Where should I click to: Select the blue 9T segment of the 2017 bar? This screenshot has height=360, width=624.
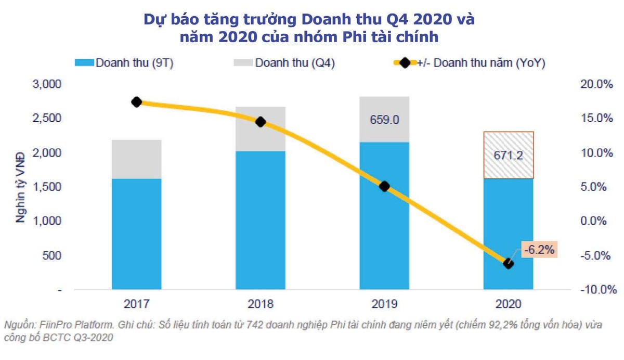tap(136, 234)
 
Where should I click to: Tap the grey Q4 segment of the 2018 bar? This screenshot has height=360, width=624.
tap(261, 130)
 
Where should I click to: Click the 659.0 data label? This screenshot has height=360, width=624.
tap(384, 120)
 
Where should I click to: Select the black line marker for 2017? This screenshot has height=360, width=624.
tap(137, 102)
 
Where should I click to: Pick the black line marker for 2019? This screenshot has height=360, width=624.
tap(384, 186)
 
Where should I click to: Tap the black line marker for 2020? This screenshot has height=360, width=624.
tap(509, 263)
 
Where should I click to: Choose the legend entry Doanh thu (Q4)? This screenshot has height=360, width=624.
tap(294, 63)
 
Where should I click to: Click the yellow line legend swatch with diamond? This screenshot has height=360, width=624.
tap(404, 63)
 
